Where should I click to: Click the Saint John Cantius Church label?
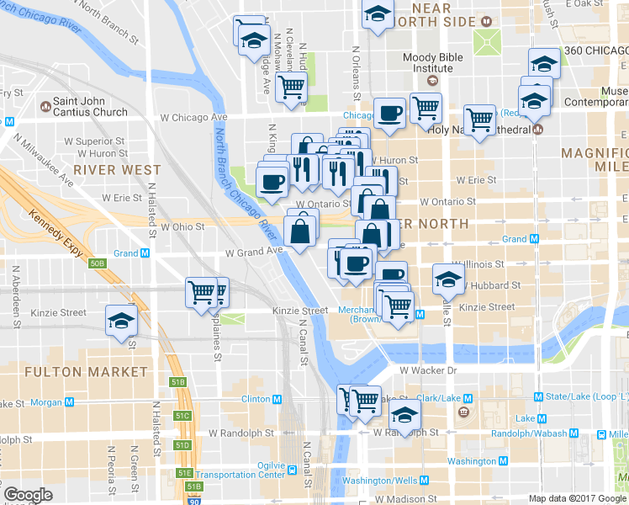(90, 107)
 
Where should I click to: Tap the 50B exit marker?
(98, 263)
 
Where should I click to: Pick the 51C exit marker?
(182, 416)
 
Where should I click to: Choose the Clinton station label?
(256, 399)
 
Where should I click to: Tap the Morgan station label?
(46, 402)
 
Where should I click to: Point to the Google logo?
(28, 495)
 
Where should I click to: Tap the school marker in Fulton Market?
(121, 322)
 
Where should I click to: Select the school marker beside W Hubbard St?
(448, 279)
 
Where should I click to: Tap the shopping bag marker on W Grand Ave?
(300, 228)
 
